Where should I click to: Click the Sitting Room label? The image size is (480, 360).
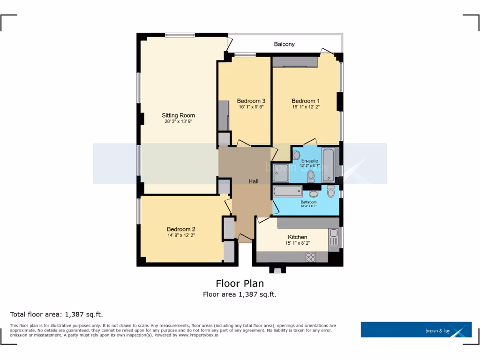tap(178, 115)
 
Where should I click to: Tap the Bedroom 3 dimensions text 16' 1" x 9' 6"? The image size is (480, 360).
tap(251, 107)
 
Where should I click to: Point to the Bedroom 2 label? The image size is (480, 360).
tap(181, 229)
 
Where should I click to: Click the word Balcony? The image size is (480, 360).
tap(285, 44)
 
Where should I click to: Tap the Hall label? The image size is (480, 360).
tap(254, 181)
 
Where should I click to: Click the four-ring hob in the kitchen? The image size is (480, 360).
tap(311, 256)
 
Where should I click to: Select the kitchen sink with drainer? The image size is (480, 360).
tap(333, 237)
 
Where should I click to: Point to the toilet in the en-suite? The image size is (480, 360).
tap(310, 176)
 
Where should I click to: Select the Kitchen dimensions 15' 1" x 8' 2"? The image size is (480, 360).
tap(297, 243)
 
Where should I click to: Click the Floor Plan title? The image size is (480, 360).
tap(240, 283)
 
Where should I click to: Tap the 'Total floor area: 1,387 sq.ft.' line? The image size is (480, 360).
tap(56, 314)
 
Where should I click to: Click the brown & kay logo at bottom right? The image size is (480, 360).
tap(416, 330)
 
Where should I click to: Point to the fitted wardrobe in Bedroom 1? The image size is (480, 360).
tap(295, 62)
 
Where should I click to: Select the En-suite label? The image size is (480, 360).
tap(309, 161)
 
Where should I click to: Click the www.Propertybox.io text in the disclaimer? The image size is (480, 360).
tap(199, 335)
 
